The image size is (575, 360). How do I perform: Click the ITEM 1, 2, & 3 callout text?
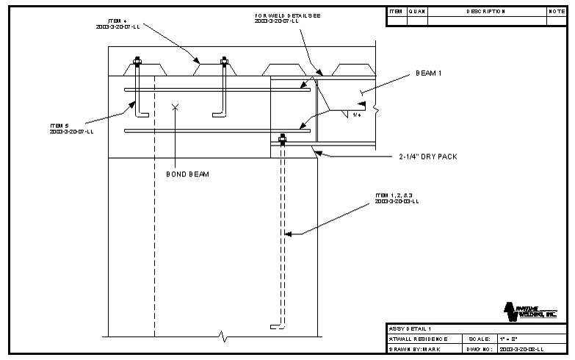[x=396, y=198]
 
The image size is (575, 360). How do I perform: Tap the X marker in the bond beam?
[x=175, y=107]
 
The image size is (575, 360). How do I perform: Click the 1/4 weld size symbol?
[x=357, y=115]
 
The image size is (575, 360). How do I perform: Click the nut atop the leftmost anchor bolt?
[x=137, y=62]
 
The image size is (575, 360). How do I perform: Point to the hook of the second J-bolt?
[x=217, y=113]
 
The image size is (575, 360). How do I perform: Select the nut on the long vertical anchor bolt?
[x=283, y=137]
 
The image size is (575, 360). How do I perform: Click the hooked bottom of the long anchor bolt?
[x=274, y=325]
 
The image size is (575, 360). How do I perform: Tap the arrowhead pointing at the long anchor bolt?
[x=289, y=234]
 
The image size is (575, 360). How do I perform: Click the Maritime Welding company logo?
[x=533, y=311]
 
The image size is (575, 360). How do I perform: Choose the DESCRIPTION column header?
[x=485, y=12]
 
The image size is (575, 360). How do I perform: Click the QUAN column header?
[x=416, y=12]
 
